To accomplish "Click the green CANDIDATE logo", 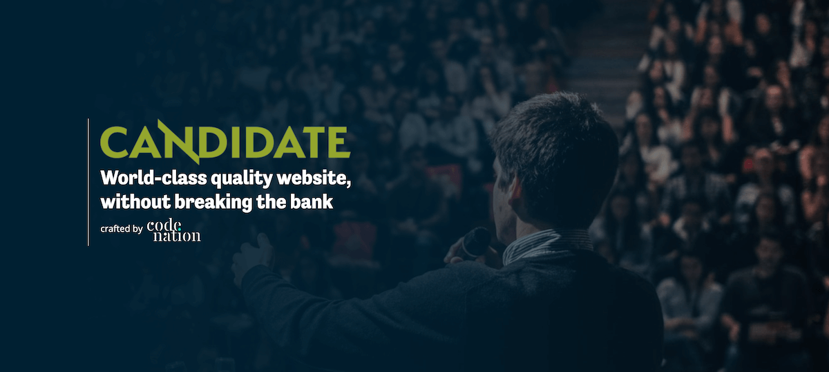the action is [x=225, y=142].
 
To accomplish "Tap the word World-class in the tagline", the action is [x=153, y=178].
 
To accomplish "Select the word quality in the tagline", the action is [x=242, y=180].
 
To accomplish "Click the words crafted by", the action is [x=122, y=229].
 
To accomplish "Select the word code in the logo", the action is [x=164, y=225].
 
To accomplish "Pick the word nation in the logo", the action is [x=177, y=236].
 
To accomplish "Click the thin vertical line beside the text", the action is [x=88, y=182].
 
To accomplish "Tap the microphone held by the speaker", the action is [x=475, y=242].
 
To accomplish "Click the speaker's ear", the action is [x=515, y=192].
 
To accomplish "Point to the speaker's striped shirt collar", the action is [x=547, y=245].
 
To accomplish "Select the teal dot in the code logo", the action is [x=179, y=230].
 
